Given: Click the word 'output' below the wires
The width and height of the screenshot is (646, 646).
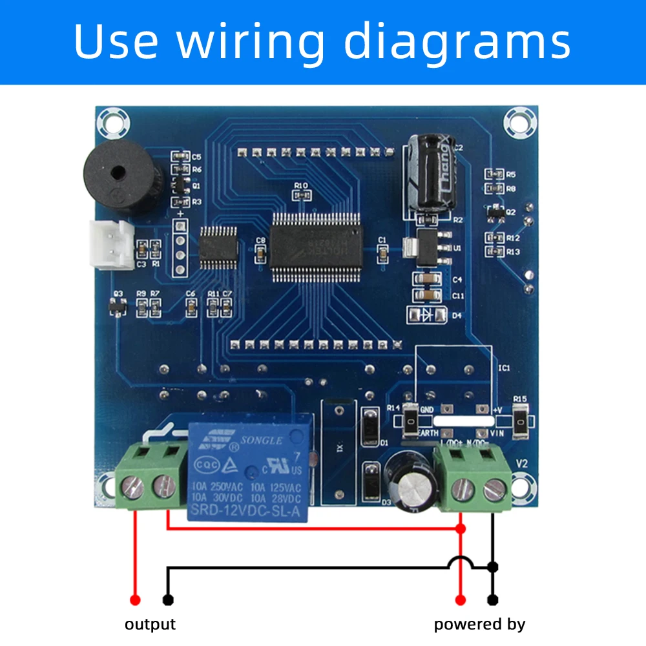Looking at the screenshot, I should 150,624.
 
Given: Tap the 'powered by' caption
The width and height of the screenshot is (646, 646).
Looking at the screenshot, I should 479,624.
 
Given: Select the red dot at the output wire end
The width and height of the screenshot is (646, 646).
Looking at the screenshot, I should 135,600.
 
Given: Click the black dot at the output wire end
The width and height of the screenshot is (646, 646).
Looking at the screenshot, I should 169,600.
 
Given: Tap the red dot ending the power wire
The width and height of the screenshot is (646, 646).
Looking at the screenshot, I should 461,600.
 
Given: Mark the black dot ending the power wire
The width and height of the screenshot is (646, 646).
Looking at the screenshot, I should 494,600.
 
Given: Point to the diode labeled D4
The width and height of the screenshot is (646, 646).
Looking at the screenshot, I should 426,315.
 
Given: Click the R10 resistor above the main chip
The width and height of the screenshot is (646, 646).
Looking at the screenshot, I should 301,194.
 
